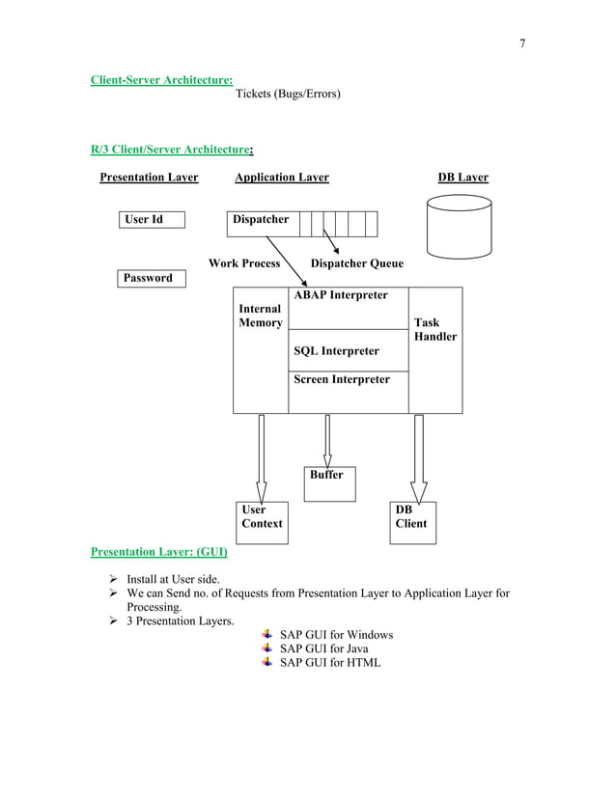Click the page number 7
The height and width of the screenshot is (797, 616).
tap(521, 43)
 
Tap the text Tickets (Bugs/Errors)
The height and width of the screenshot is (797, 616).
tap(288, 95)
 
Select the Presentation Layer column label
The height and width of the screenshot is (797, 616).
tap(150, 178)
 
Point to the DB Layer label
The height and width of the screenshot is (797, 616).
tap(462, 178)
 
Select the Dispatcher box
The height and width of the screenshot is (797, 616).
tap(262, 221)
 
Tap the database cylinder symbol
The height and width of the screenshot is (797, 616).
tap(459, 227)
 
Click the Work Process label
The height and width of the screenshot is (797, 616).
tap(244, 263)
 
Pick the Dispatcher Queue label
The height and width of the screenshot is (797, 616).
tap(356, 263)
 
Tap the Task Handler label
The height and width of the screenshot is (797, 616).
tap(434, 330)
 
